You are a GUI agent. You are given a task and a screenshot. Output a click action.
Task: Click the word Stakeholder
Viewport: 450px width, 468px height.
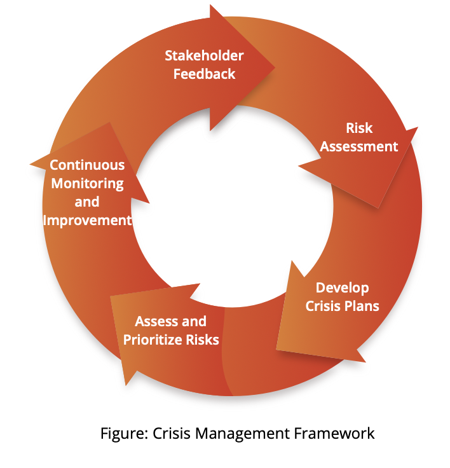coord(204,56)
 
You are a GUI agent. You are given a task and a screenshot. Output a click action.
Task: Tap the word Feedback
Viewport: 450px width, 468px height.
coord(205,74)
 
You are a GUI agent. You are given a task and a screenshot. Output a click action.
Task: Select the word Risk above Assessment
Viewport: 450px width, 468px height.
coord(359,128)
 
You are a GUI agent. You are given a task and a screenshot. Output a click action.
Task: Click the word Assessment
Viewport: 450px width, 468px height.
coord(359,146)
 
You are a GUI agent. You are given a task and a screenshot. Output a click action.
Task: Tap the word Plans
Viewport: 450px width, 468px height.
coord(362,306)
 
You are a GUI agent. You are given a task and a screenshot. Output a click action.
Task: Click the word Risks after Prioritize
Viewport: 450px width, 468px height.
coord(203,340)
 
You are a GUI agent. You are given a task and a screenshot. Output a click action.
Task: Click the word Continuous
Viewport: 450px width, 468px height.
coord(87,165)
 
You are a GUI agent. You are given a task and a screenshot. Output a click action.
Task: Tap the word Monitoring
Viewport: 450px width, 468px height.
coord(87,184)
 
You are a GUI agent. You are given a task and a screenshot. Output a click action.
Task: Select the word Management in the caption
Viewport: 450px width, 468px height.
coord(242,434)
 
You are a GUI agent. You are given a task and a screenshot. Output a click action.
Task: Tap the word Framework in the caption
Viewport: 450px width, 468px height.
coord(334,433)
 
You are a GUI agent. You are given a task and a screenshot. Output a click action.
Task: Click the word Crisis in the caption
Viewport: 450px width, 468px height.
coord(172,433)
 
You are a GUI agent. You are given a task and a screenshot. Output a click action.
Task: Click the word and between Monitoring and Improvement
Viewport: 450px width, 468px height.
coord(87,202)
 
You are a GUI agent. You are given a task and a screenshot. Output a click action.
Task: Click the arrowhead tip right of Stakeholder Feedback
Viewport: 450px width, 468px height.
coord(275,68)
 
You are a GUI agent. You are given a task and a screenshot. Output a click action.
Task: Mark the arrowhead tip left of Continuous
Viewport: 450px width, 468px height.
coord(30,164)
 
